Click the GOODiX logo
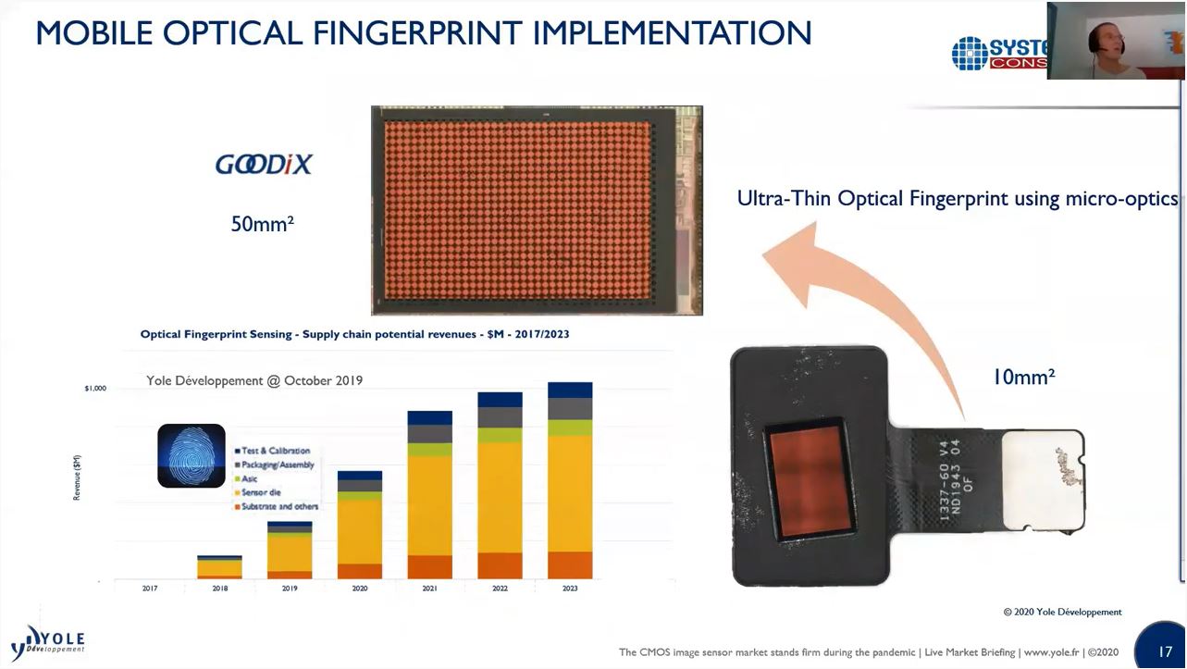264,165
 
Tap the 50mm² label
262,224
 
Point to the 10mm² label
1023,377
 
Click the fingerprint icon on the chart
192,455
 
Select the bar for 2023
570,481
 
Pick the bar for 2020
360,525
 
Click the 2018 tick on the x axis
219,588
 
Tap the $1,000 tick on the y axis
95,389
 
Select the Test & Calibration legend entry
275,451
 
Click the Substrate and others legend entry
278,507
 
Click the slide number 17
1165,651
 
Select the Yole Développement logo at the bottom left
48,640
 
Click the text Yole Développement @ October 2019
254,380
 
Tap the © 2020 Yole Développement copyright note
1062,612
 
